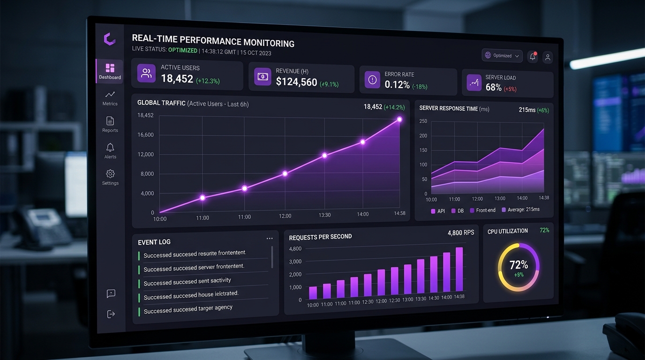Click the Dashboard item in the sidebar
click(110, 71)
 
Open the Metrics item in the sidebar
click(110, 97)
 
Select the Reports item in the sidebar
click(110, 124)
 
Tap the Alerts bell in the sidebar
click(110, 150)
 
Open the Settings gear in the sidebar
click(110, 177)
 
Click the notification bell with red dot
click(532, 57)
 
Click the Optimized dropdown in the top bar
click(502, 55)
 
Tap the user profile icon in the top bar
click(547, 57)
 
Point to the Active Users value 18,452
click(177, 79)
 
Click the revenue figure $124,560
click(296, 82)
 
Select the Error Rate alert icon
click(373, 80)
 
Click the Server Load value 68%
click(494, 87)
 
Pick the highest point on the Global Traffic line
click(399, 120)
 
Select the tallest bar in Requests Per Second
click(459, 269)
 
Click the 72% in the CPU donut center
click(518, 265)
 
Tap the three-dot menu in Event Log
click(270, 239)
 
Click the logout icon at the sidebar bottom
click(111, 314)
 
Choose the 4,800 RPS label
click(461, 232)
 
